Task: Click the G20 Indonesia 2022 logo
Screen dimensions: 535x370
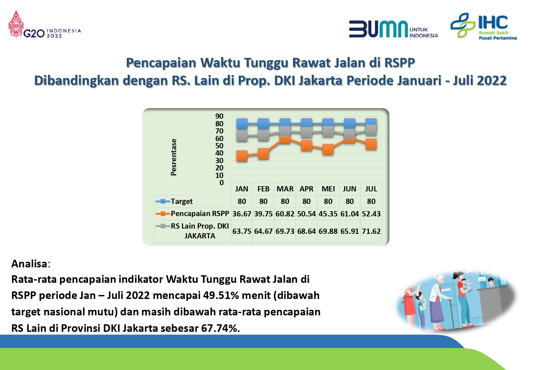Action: tap(44, 24)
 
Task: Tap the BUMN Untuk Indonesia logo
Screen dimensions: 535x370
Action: tap(393, 29)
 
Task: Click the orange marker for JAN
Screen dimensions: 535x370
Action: tap(242, 156)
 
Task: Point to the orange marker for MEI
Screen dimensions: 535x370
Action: tap(328, 150)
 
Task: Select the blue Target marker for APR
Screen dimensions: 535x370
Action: tap(307, 124)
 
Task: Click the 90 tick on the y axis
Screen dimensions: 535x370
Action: tap(219, 116)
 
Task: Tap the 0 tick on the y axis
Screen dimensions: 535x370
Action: tap(222, 183)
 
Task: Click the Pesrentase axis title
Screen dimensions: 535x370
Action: tap(174, 157)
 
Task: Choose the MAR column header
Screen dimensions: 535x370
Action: tap(285, 189)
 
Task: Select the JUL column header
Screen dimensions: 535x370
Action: tap(371, 189)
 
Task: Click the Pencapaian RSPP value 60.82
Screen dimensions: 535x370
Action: tap(285, 214)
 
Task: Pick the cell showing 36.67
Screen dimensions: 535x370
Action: tap(242, 214)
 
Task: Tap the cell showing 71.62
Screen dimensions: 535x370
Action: tap(371, 231)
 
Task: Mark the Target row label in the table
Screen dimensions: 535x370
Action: tap(181, 201)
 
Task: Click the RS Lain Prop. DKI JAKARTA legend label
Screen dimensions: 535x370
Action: tap(200, 231)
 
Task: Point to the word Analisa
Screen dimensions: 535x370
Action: tap(29, 264)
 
